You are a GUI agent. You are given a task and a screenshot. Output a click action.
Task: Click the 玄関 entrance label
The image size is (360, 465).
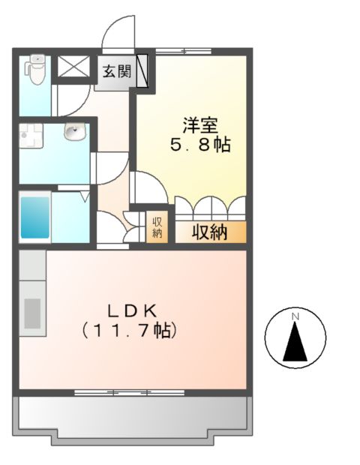pos(115,72)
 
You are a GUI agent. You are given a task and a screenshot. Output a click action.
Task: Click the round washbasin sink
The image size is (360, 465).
pos(73,133)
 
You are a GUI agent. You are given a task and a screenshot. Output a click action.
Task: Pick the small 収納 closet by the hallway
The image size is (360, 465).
pos(157,228)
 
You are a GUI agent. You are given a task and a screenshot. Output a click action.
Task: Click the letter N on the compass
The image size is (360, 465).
pos(295,317)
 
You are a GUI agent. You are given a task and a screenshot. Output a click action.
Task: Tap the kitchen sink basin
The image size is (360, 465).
pos(32,312)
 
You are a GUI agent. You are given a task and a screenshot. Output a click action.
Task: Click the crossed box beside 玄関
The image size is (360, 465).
pos(73,67)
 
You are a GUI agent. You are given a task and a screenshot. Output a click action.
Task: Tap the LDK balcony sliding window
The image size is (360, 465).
pos(120,392)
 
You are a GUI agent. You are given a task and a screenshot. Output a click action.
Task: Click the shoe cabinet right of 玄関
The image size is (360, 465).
pos(142,72)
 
